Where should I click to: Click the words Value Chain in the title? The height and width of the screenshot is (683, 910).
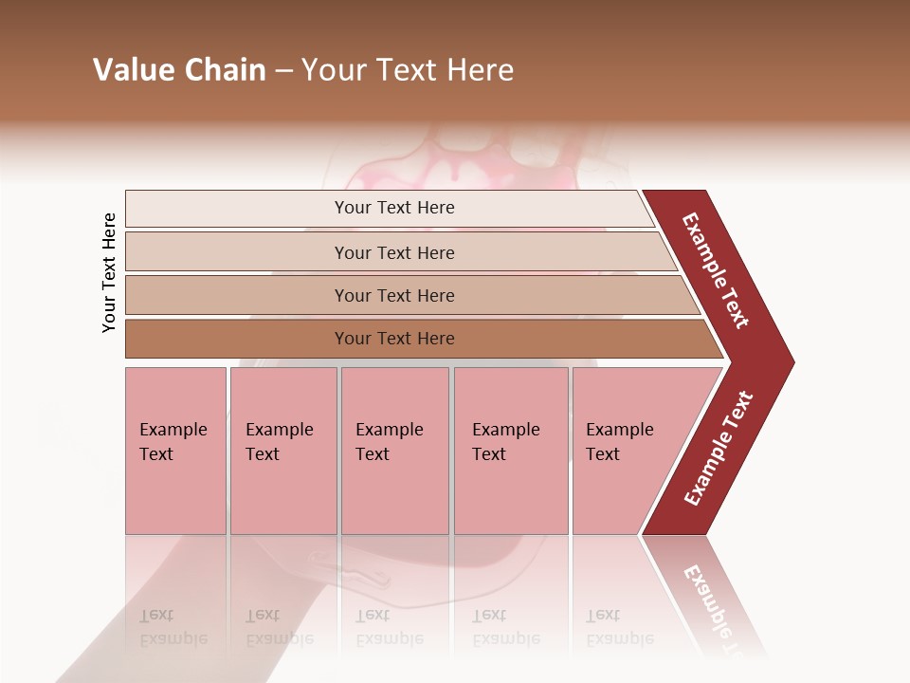coord(179,70)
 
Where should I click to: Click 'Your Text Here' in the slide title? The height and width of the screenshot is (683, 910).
coord(408,70)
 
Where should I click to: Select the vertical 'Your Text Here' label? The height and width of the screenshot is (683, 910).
coord(109,272)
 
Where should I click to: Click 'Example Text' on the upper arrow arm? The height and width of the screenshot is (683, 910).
coord(716,270)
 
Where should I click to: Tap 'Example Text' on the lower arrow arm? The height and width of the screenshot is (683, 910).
coord(719,449)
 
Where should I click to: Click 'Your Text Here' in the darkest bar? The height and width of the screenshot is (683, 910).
coord(394,339)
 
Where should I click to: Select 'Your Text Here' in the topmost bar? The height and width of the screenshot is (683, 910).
coord(394,208)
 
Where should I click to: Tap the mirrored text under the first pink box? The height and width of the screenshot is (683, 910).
coord(173,628)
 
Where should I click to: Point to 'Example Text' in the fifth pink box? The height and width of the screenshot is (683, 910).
coord(619,441)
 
